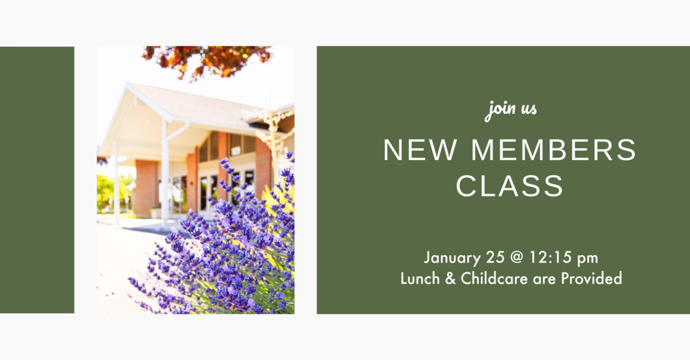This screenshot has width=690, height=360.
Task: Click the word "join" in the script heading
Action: (x=500, y=109)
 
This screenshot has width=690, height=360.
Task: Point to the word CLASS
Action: (x=510, y=186)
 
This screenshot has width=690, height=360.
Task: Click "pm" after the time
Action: (x=588, y=259)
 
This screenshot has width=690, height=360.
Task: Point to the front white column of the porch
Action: (x=166, y=172)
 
